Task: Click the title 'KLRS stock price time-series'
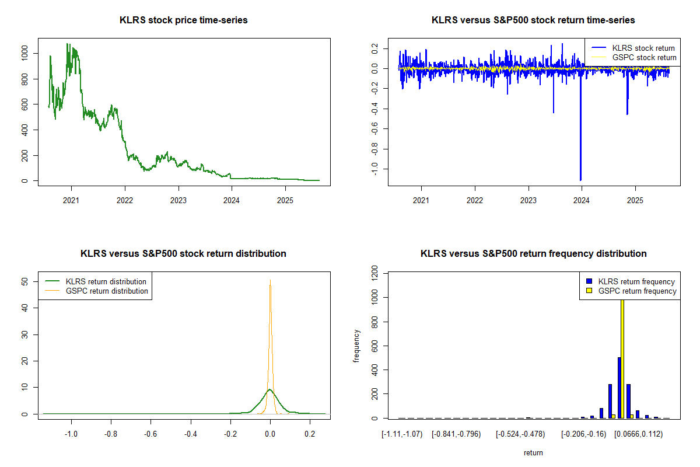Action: pyautogui.click(x=184, y=20)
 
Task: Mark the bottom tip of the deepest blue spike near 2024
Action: pyautogui.click(x=580, y=180)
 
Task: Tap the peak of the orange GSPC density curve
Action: pyautogui.click(x=270, y=281)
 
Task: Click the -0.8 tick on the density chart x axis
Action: pyautogui.click(x=111, y=434)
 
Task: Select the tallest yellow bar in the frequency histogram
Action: pyautogui.click(x=622, y=356)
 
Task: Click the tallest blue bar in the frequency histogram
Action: pyautogui.click(x=619, y=388)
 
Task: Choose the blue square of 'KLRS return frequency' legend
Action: pyautogui.click(x=590, y=281)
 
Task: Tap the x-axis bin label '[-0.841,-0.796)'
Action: pyautogui.click(x=456, y=434)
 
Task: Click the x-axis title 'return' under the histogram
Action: pyautogui.click(x=533, y=452)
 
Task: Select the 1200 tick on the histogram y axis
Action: pyautogui.click(x=374, y=273)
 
